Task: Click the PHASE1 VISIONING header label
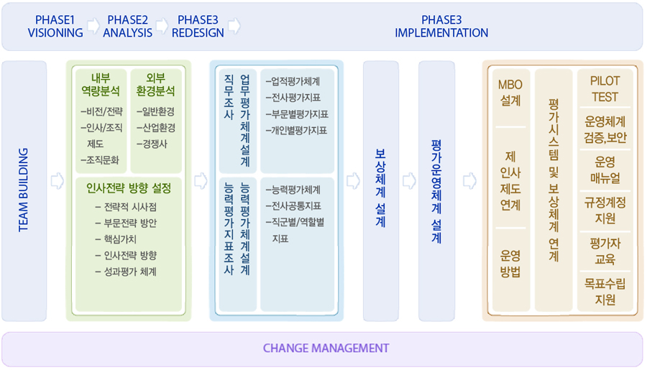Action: point(55,26)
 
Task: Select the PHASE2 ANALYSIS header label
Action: point(127,26)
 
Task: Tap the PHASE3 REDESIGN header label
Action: point(198,26)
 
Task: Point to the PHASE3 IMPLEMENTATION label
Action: point(441,26)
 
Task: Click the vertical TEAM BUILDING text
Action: point(23,190)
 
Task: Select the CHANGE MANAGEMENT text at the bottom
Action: point(326,348)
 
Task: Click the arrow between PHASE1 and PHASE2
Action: point(93,27)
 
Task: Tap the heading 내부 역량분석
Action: point(101,85)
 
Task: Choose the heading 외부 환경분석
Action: point(156,85)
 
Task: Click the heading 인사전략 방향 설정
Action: point(129,189)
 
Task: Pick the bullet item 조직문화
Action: point(101,159)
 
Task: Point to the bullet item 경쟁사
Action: point(153,144)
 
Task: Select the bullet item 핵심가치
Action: point(119,240)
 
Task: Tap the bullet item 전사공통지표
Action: point(295,206)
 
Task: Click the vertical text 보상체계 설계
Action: point(380,188)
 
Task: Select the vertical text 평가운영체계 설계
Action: point(436,191)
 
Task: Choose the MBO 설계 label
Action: point(510,93)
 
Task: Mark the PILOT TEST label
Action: point(605,89)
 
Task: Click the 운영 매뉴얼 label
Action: point(605,170)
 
